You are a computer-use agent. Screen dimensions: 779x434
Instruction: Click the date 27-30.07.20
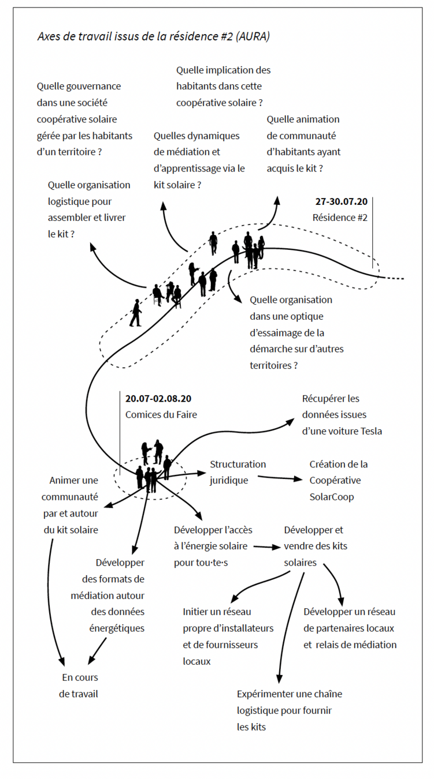point(341,201)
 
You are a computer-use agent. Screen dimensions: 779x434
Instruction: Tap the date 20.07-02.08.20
point(158,398)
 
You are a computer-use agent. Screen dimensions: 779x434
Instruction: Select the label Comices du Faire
point(161,414)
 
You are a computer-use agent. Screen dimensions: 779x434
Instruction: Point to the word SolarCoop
point(331,497)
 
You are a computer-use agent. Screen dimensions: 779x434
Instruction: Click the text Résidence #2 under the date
point(340,218)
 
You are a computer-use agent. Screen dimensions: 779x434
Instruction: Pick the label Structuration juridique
point(237,472)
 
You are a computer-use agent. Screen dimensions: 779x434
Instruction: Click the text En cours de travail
point(79,686)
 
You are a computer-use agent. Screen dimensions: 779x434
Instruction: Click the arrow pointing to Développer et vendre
point(266,546)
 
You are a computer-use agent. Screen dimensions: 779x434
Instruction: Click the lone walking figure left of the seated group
point(136,312)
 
